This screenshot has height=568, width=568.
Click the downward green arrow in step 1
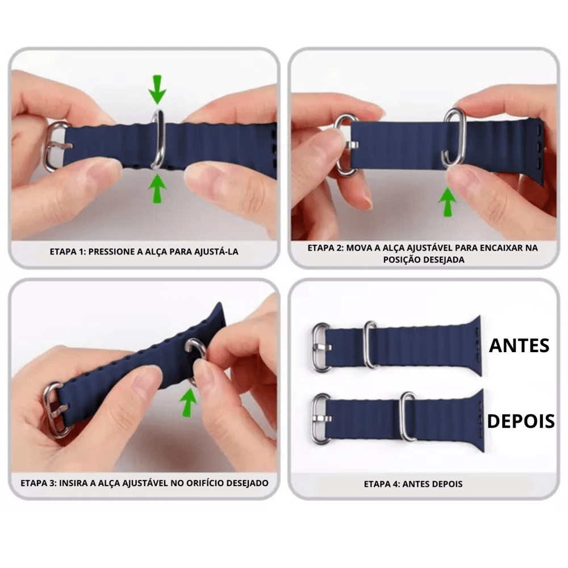[x=157, y=89]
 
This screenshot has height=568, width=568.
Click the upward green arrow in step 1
[x=157, y=189]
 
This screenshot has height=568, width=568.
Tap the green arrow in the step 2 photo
[x=448, y=202]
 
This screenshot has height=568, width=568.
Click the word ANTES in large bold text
[x=519, y=345]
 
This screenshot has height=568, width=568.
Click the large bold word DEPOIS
[x=520, y=421]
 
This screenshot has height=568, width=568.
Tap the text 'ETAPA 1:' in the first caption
[x=68, y=252]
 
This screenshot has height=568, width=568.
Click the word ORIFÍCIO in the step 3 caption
[x=205, y=483]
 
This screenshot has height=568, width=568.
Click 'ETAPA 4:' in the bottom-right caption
[x=382, y=484]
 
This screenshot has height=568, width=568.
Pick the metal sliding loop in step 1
[x=158, y=140]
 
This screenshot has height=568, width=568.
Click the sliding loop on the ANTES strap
[x=370, y=345]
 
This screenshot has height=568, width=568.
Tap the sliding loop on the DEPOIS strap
[x=408, y=416]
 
